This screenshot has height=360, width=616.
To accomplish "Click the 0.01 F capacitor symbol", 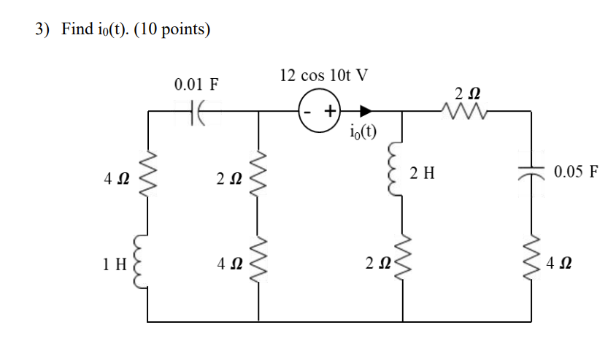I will click(x=195, y=112).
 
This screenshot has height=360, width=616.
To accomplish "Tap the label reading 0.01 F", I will click(x=196, y=84).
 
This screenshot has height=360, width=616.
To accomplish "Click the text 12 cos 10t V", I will click(x=324, y=75).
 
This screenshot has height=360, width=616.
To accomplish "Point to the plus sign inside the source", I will click(x=330, y=112).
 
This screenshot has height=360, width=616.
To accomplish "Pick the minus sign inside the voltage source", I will click(x=309, y=112).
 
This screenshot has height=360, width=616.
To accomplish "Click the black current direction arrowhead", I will click(x=366, y=112).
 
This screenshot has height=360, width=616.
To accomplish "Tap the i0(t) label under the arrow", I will click(x=363, y=132).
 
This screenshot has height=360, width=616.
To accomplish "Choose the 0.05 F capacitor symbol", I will click(x=530, y=173).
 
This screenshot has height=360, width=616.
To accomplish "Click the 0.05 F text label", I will click(x=576, y=173).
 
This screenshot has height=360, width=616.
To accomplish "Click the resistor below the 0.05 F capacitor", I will click(x=530, y=261).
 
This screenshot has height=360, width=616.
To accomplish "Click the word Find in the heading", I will click(x=77, y=30).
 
